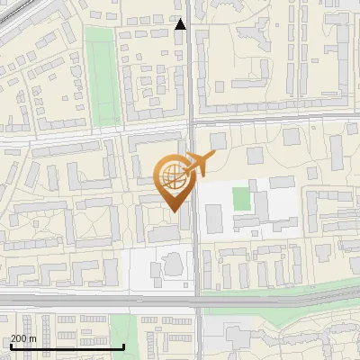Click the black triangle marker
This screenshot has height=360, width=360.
point(181,24)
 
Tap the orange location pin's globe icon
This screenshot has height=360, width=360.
point(171,176)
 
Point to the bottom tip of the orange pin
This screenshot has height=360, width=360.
point(174,211)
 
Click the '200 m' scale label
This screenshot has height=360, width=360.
point(24,338)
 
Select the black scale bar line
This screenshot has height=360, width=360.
point(67,346)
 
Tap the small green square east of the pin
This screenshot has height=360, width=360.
point(240,198)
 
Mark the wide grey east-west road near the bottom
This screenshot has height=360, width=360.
point(90,300)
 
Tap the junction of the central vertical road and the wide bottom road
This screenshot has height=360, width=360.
point(197,300)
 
